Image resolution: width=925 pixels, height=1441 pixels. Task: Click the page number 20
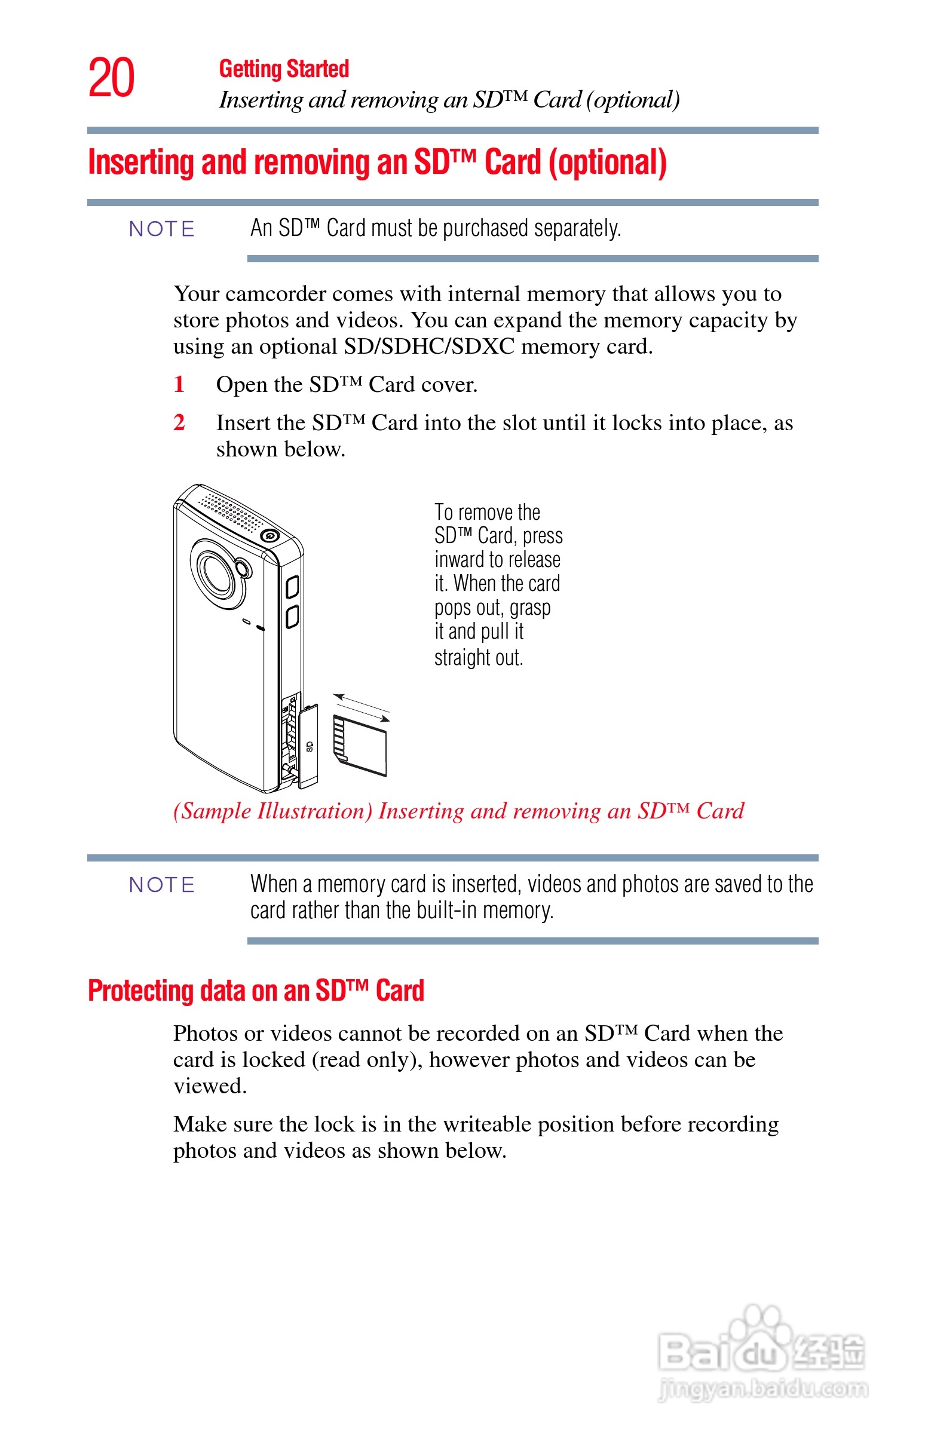(111, 78)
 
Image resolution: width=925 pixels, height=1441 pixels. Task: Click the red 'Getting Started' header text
(283, 69)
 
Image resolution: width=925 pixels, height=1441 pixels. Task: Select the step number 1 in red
(179, 384)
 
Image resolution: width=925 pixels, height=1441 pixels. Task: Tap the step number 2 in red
(179, 423)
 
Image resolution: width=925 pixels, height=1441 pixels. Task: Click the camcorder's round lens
(217, 574)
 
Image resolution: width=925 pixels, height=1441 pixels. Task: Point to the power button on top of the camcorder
(269, 535)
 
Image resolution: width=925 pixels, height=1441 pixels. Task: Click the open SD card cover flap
(308, 746)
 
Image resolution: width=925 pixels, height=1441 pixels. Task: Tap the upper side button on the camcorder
(292, 587)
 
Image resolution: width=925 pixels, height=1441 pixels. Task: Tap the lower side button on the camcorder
(292, 617)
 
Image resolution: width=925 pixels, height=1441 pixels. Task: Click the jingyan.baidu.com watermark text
(763, 1389)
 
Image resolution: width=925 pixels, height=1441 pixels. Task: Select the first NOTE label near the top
(161, 229)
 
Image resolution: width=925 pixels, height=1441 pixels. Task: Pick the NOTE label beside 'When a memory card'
(161, 885)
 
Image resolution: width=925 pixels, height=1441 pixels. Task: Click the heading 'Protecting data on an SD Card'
(256, 991)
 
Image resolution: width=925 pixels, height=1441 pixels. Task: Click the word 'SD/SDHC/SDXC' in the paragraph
(429, 347)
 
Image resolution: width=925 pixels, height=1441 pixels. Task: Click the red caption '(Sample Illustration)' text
(272, 811)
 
